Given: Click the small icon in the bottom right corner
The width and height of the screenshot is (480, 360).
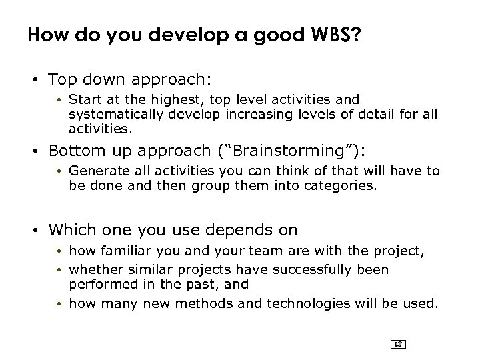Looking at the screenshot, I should [x=398, y=344].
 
